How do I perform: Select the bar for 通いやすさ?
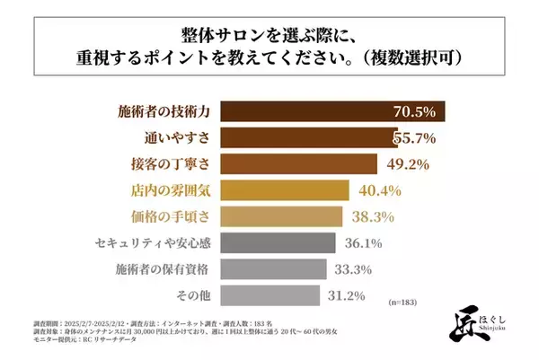coord(305,138)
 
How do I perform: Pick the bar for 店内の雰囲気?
coord(285,190)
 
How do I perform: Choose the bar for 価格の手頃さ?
coord(281,216)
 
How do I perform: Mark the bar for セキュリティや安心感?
coord(278,242)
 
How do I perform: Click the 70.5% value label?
coord(414,112)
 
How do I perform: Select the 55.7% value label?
coord(414,138)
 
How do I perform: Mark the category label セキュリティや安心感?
coord(153,242)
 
